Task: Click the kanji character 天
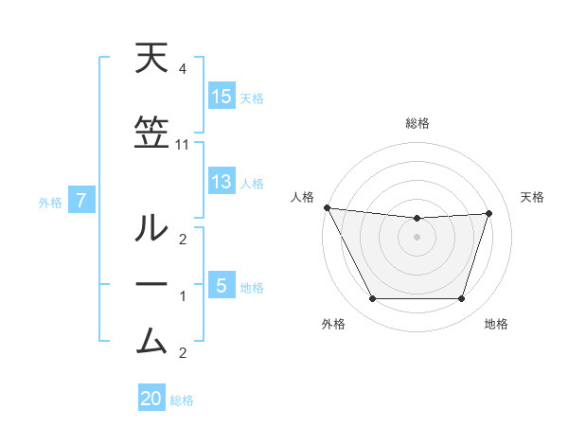click(x=152, y=60)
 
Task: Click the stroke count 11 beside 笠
click(x=183, y=145)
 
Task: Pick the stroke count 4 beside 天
click(x=182, y=69)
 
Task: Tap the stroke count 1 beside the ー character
click(x=182, y=296)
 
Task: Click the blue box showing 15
click(x=222, y=97)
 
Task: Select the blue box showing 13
click(x=222, y=182)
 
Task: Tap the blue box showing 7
click(x=81, y=201)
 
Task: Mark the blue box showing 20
click(x=151, y=399)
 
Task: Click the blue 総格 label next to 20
click(x=182, y=400)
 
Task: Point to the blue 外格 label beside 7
click(x=50, y=202)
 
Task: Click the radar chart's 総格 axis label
click(x=417, y=123)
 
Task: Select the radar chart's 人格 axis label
click(x=303, y=197)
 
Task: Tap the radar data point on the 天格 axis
click(x=489, y=213)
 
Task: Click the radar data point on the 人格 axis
click(x=327, y=207)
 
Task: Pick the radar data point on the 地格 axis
click(x=462, y=299)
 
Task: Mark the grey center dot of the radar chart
click(x=417, y=237)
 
